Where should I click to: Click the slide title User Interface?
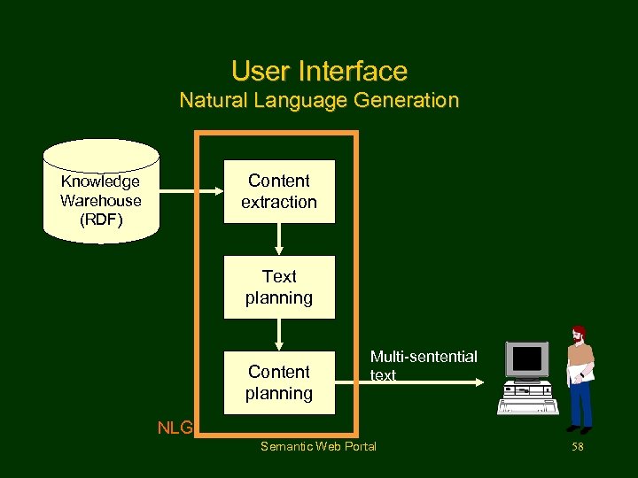319,71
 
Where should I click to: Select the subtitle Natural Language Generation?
319,100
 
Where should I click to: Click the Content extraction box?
279,191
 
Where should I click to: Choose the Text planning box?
279,287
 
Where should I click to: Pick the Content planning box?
279,382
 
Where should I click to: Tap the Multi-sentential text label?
423,366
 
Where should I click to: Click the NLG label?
175,428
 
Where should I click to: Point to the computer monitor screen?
527,359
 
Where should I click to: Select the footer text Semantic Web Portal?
318,446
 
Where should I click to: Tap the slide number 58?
578,447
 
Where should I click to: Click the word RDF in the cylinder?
100,220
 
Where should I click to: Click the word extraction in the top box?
279,202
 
